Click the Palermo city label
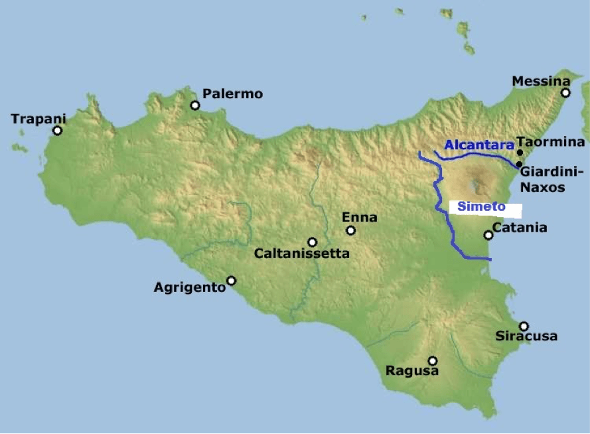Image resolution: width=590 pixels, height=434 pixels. (232, 94)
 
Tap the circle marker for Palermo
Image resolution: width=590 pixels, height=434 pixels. (195, 105)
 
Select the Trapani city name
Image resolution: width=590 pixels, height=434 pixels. (39, 119)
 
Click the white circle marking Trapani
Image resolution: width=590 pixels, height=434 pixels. (58, 130)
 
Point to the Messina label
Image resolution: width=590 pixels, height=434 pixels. (541, 81)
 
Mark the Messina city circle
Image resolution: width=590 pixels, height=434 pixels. (565, 93)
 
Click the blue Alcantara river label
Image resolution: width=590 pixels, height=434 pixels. (479, 144)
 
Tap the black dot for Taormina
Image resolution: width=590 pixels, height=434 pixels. (520, 153)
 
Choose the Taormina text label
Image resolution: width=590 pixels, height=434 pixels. (551, 141)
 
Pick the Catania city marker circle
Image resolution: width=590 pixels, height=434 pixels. (488, 235)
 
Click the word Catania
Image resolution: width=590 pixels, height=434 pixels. (520, 228)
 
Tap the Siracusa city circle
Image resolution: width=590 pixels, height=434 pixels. (524, 326)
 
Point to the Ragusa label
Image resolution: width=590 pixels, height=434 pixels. (412, 371)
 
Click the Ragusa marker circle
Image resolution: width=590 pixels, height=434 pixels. (433, 360)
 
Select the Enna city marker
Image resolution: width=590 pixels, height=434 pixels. (351, 230)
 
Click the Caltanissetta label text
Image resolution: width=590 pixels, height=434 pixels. (302, 253)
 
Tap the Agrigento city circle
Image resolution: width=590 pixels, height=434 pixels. (231, 281)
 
